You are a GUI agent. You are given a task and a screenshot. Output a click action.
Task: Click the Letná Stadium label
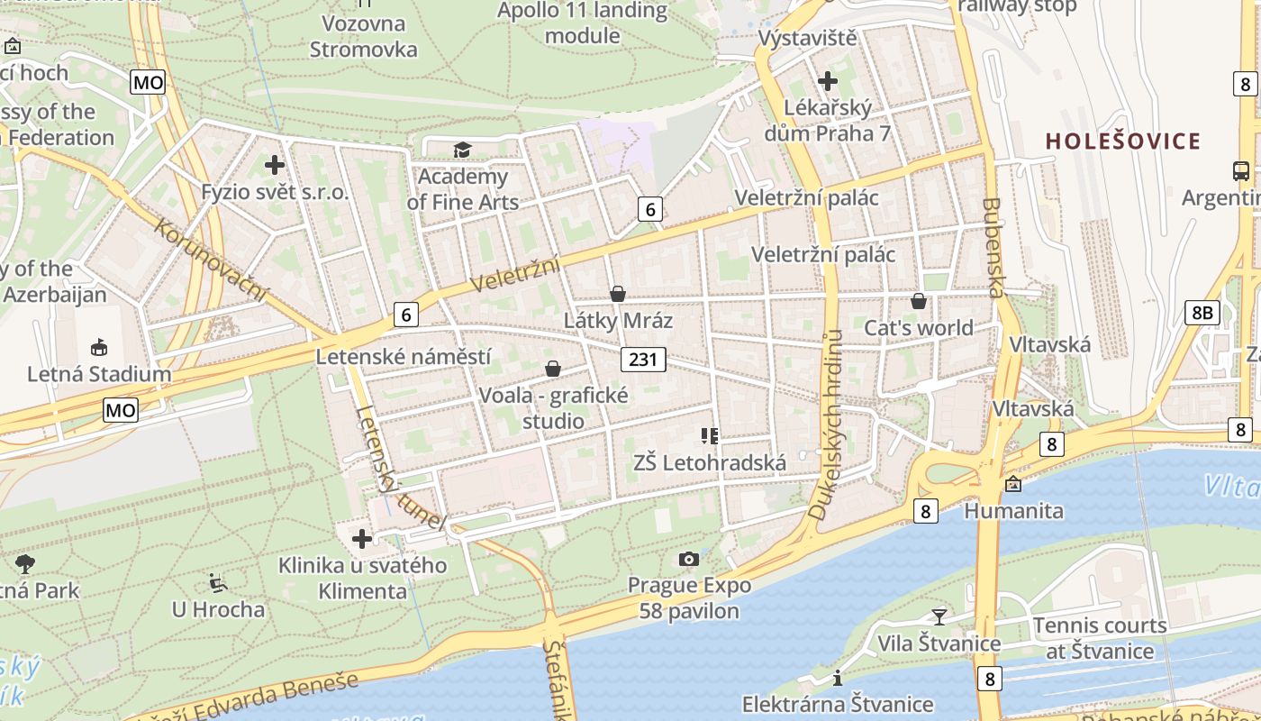pos(99,374)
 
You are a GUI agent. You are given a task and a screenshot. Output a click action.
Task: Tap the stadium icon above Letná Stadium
pos(99,347)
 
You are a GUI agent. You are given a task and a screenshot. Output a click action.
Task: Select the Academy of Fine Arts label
pos(463,189)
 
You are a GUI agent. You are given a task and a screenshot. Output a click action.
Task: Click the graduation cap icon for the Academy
pos(462,150)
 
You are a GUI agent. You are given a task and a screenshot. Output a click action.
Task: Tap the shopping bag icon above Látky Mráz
pos(618,294)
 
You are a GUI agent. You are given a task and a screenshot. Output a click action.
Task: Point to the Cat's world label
pos(919,328)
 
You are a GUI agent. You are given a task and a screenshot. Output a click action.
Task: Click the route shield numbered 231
pos(642,360)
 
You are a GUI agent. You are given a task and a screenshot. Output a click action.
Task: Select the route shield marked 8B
pos(1202,313)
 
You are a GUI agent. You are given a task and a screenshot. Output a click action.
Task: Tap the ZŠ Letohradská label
pos(710,463)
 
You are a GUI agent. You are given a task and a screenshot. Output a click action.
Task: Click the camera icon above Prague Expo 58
pos(689,559)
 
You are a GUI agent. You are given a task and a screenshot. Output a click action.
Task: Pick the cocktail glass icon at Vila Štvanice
pos(939,616)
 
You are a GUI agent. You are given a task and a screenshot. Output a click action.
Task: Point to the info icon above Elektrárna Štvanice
pos(838,678)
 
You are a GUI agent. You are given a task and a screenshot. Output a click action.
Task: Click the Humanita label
pos(1013,511)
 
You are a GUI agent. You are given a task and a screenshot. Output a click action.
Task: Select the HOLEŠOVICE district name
pos(1123,141)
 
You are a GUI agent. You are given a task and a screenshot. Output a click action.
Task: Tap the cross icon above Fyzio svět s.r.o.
pos(275,165)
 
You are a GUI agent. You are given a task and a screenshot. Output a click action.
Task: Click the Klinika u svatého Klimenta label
pos(362,578)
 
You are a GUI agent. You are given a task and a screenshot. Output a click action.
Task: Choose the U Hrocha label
pos(219,609)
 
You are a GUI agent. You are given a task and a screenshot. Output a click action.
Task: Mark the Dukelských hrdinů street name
pos(826,424)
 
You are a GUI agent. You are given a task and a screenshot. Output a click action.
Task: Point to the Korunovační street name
pos(212,260)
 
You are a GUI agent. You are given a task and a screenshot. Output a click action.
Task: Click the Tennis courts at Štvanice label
pos(1100,638)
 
